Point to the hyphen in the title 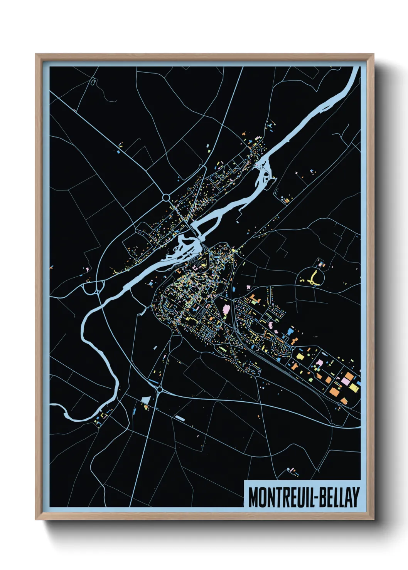coord(316,498)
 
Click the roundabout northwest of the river coord(166,198)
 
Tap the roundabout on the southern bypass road coord(159,390)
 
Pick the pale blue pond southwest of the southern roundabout coord(146,400)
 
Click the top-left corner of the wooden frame coord(36,55)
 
